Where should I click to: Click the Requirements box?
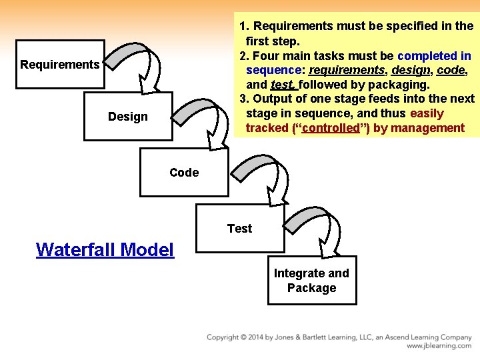60,65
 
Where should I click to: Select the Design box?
128,117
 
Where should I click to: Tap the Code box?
184,173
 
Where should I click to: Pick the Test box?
239,229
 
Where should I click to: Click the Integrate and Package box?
311,281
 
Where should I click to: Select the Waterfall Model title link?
105,249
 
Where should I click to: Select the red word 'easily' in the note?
427,113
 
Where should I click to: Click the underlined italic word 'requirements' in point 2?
347,70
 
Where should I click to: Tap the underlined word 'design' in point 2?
411,70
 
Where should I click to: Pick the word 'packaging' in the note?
403,85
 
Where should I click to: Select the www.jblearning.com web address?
439,346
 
